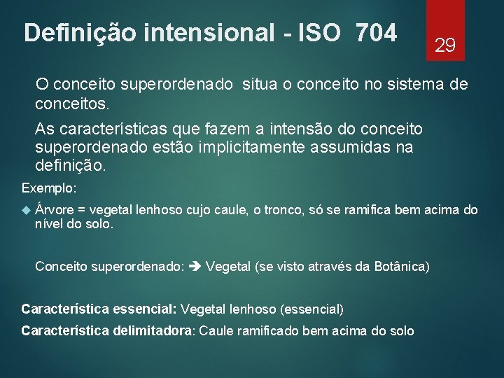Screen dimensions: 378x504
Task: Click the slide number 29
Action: pos(445,46)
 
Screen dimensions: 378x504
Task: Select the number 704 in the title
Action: pos(376,32)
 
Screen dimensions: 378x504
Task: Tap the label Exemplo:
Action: pos(49,188)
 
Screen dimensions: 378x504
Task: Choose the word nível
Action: pos(49,225)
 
